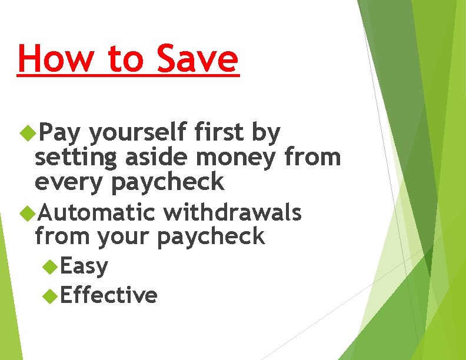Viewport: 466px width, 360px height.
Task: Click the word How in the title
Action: (x=52, y=59)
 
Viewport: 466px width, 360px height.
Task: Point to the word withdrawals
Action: (x=232, y=212)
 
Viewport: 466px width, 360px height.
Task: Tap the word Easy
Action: (x=84, y=266)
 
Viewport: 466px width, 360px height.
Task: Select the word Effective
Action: (x=109, y=295)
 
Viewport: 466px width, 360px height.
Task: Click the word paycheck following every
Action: (x=168, y=183)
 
